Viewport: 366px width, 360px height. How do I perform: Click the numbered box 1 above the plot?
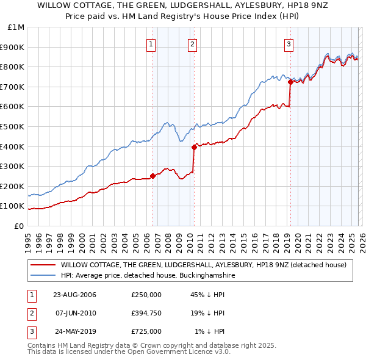pyautogui.click(x=151, y=43)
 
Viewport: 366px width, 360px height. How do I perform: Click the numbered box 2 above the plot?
pyautogui.click(x=193, y=43)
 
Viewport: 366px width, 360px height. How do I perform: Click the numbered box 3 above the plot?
pyautogui.click(x=289, y=43)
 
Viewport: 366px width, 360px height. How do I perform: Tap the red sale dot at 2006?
pyautogui.click(x=152, y=176)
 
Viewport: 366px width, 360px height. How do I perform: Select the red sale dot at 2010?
pyautogui.click(x=194, y=147)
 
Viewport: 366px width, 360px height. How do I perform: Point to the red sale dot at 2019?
pyautogui.click(x=290, y=82)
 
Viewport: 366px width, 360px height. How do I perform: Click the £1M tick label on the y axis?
pyautogui.click(x=16, y=27)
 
